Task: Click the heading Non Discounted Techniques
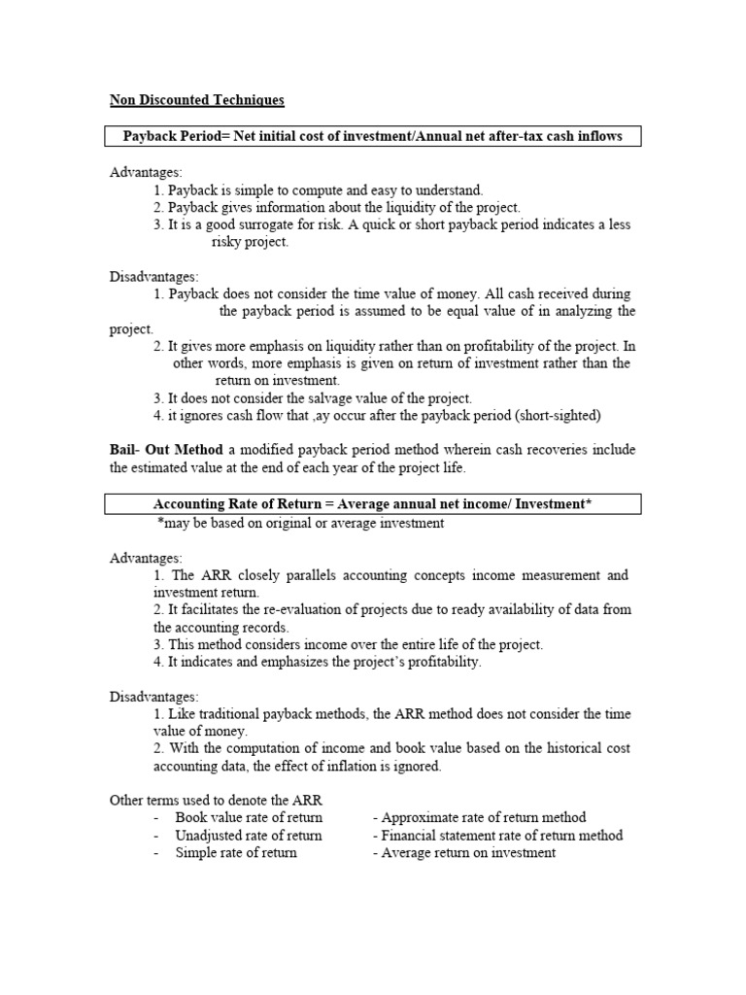pos(196,100)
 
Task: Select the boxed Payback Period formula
pos(373,137)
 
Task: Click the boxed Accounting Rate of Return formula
pos(373,503)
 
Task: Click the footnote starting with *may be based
pos(301,523)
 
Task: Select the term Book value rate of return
pos(249,818)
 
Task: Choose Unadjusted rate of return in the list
pos(249,836)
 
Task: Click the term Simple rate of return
pos(236,853)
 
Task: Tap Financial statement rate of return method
pos(501,836)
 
